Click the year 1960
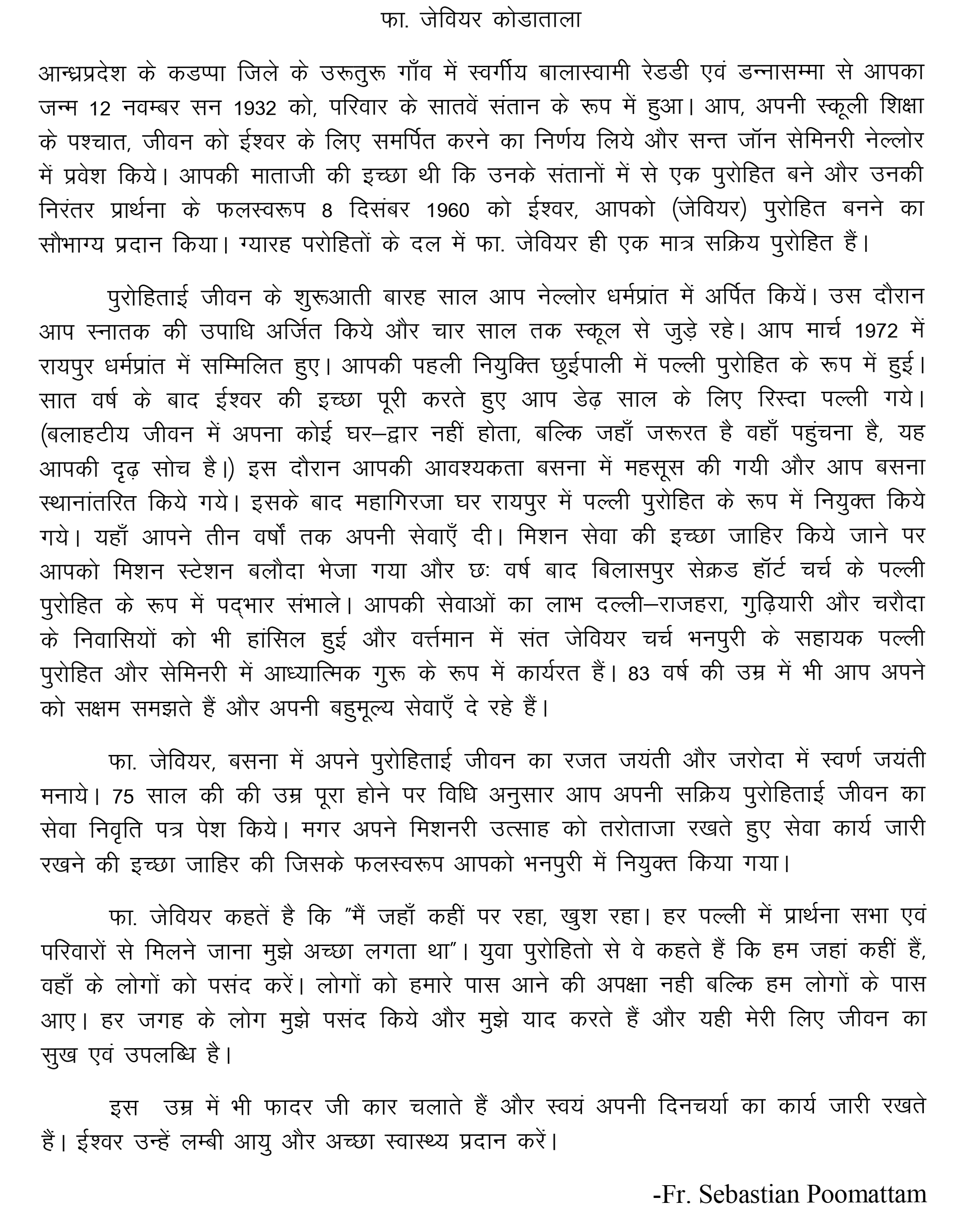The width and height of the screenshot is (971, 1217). [448, 211]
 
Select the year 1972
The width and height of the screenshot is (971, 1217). [876, 331]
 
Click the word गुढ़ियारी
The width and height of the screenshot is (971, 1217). [768, 605]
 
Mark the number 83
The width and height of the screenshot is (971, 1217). [639, 674]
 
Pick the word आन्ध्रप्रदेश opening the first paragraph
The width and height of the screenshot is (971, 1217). [90, 74]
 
